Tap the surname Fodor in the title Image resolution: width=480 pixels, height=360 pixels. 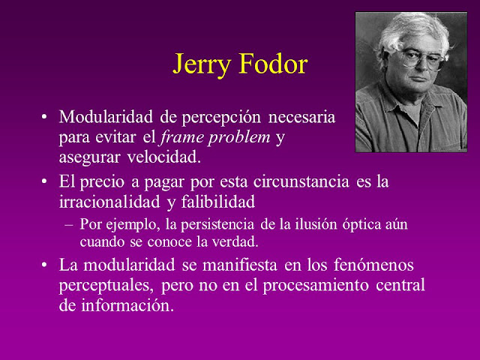(273, 64)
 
